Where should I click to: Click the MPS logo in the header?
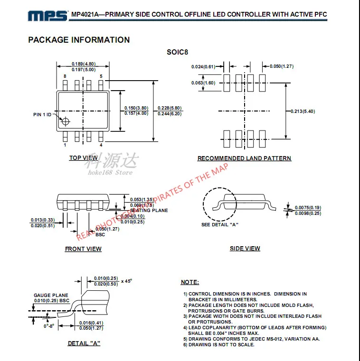[47, 16]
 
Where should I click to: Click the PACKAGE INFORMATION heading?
[79, 40]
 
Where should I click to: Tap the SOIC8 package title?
[177, 52]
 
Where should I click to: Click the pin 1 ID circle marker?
[65, 120]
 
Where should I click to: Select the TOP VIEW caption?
[83, 158]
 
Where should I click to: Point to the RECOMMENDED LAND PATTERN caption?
[244, 158]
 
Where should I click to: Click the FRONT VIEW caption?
[83, 249]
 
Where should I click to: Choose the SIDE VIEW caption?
[245, 248]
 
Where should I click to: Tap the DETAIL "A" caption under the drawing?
[84, 343]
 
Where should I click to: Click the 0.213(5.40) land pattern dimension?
[303, 111]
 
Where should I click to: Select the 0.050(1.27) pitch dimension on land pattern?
[282, 66]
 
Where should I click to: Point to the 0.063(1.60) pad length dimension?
[203, 83]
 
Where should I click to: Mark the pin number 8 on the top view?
[65, 76]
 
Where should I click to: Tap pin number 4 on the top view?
[101, 145]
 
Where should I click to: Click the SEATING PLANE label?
[149, 211]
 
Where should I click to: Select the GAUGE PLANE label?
[51, 296]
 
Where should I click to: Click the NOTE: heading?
[189, 282]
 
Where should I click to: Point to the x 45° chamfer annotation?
[126, 281]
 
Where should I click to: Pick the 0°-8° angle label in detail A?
[49, 326]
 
